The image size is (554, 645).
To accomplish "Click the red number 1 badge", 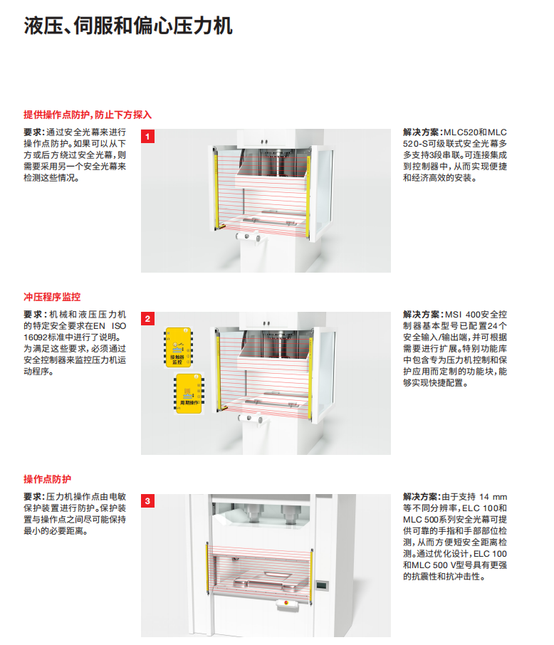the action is [x=147, y=137].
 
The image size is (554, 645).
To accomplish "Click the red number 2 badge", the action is [x=147, y=319].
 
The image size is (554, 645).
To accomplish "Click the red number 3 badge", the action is [x=147, y=501].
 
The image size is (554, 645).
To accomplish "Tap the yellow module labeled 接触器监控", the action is [x=178, y=347].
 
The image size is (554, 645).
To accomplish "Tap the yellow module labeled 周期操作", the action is [x=189, y=394].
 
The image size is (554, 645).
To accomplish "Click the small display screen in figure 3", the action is [x=320, y=585].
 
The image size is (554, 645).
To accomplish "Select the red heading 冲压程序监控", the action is [x=52, y=297].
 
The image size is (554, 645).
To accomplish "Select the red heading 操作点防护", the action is [x=47, y=479].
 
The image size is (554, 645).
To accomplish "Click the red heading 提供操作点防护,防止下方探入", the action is [x=88, y=115].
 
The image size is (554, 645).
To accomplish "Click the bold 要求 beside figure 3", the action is [x=33, y=497].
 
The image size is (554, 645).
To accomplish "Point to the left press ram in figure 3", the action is [x=254, y=514].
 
